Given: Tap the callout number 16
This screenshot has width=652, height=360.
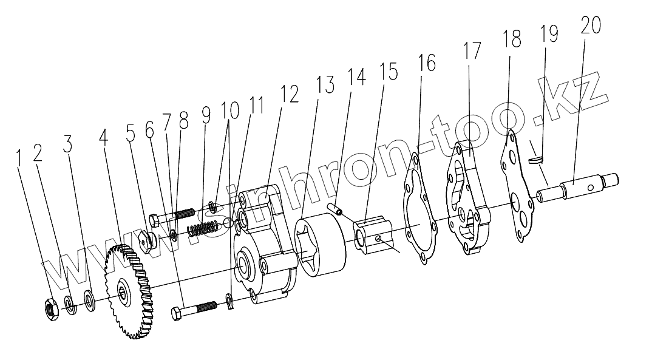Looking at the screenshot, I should pyautogui.click(x=427, y=63).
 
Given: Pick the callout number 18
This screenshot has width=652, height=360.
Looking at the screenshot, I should pyautogui.click(x=512, y=40).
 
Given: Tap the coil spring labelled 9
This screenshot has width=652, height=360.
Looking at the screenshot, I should pyautogui.click(x=202, y=229).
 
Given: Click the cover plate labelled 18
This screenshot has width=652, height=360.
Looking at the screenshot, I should pyautogui.click(x=516, y=185).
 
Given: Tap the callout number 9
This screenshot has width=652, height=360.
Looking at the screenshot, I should pyautogui.click(x=206, y=114).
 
